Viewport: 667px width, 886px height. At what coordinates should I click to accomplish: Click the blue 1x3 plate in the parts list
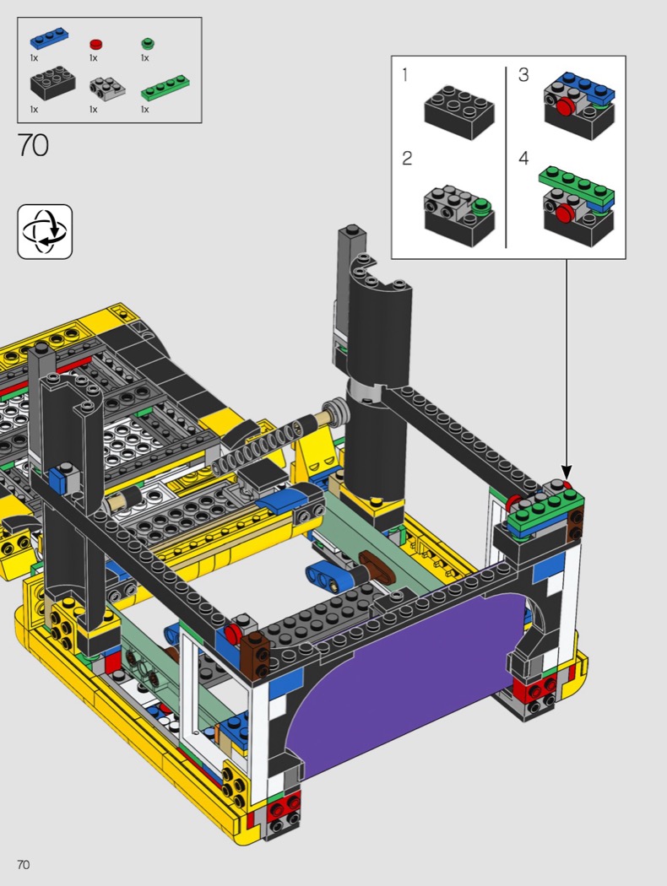(51, 40)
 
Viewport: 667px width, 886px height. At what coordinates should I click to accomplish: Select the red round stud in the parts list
(96, 44)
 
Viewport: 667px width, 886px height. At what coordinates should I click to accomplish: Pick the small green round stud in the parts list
(148, 43)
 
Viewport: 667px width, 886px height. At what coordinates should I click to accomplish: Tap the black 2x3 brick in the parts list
(53, 83)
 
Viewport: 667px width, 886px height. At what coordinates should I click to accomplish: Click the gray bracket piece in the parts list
(107, 87)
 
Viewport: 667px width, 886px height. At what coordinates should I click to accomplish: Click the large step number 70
(34, 145)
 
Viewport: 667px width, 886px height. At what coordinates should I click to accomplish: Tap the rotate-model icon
(46, 232)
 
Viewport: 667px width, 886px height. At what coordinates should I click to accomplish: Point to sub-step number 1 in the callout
(404, 75)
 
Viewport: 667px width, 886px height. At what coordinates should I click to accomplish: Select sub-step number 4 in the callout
(523, 159)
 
